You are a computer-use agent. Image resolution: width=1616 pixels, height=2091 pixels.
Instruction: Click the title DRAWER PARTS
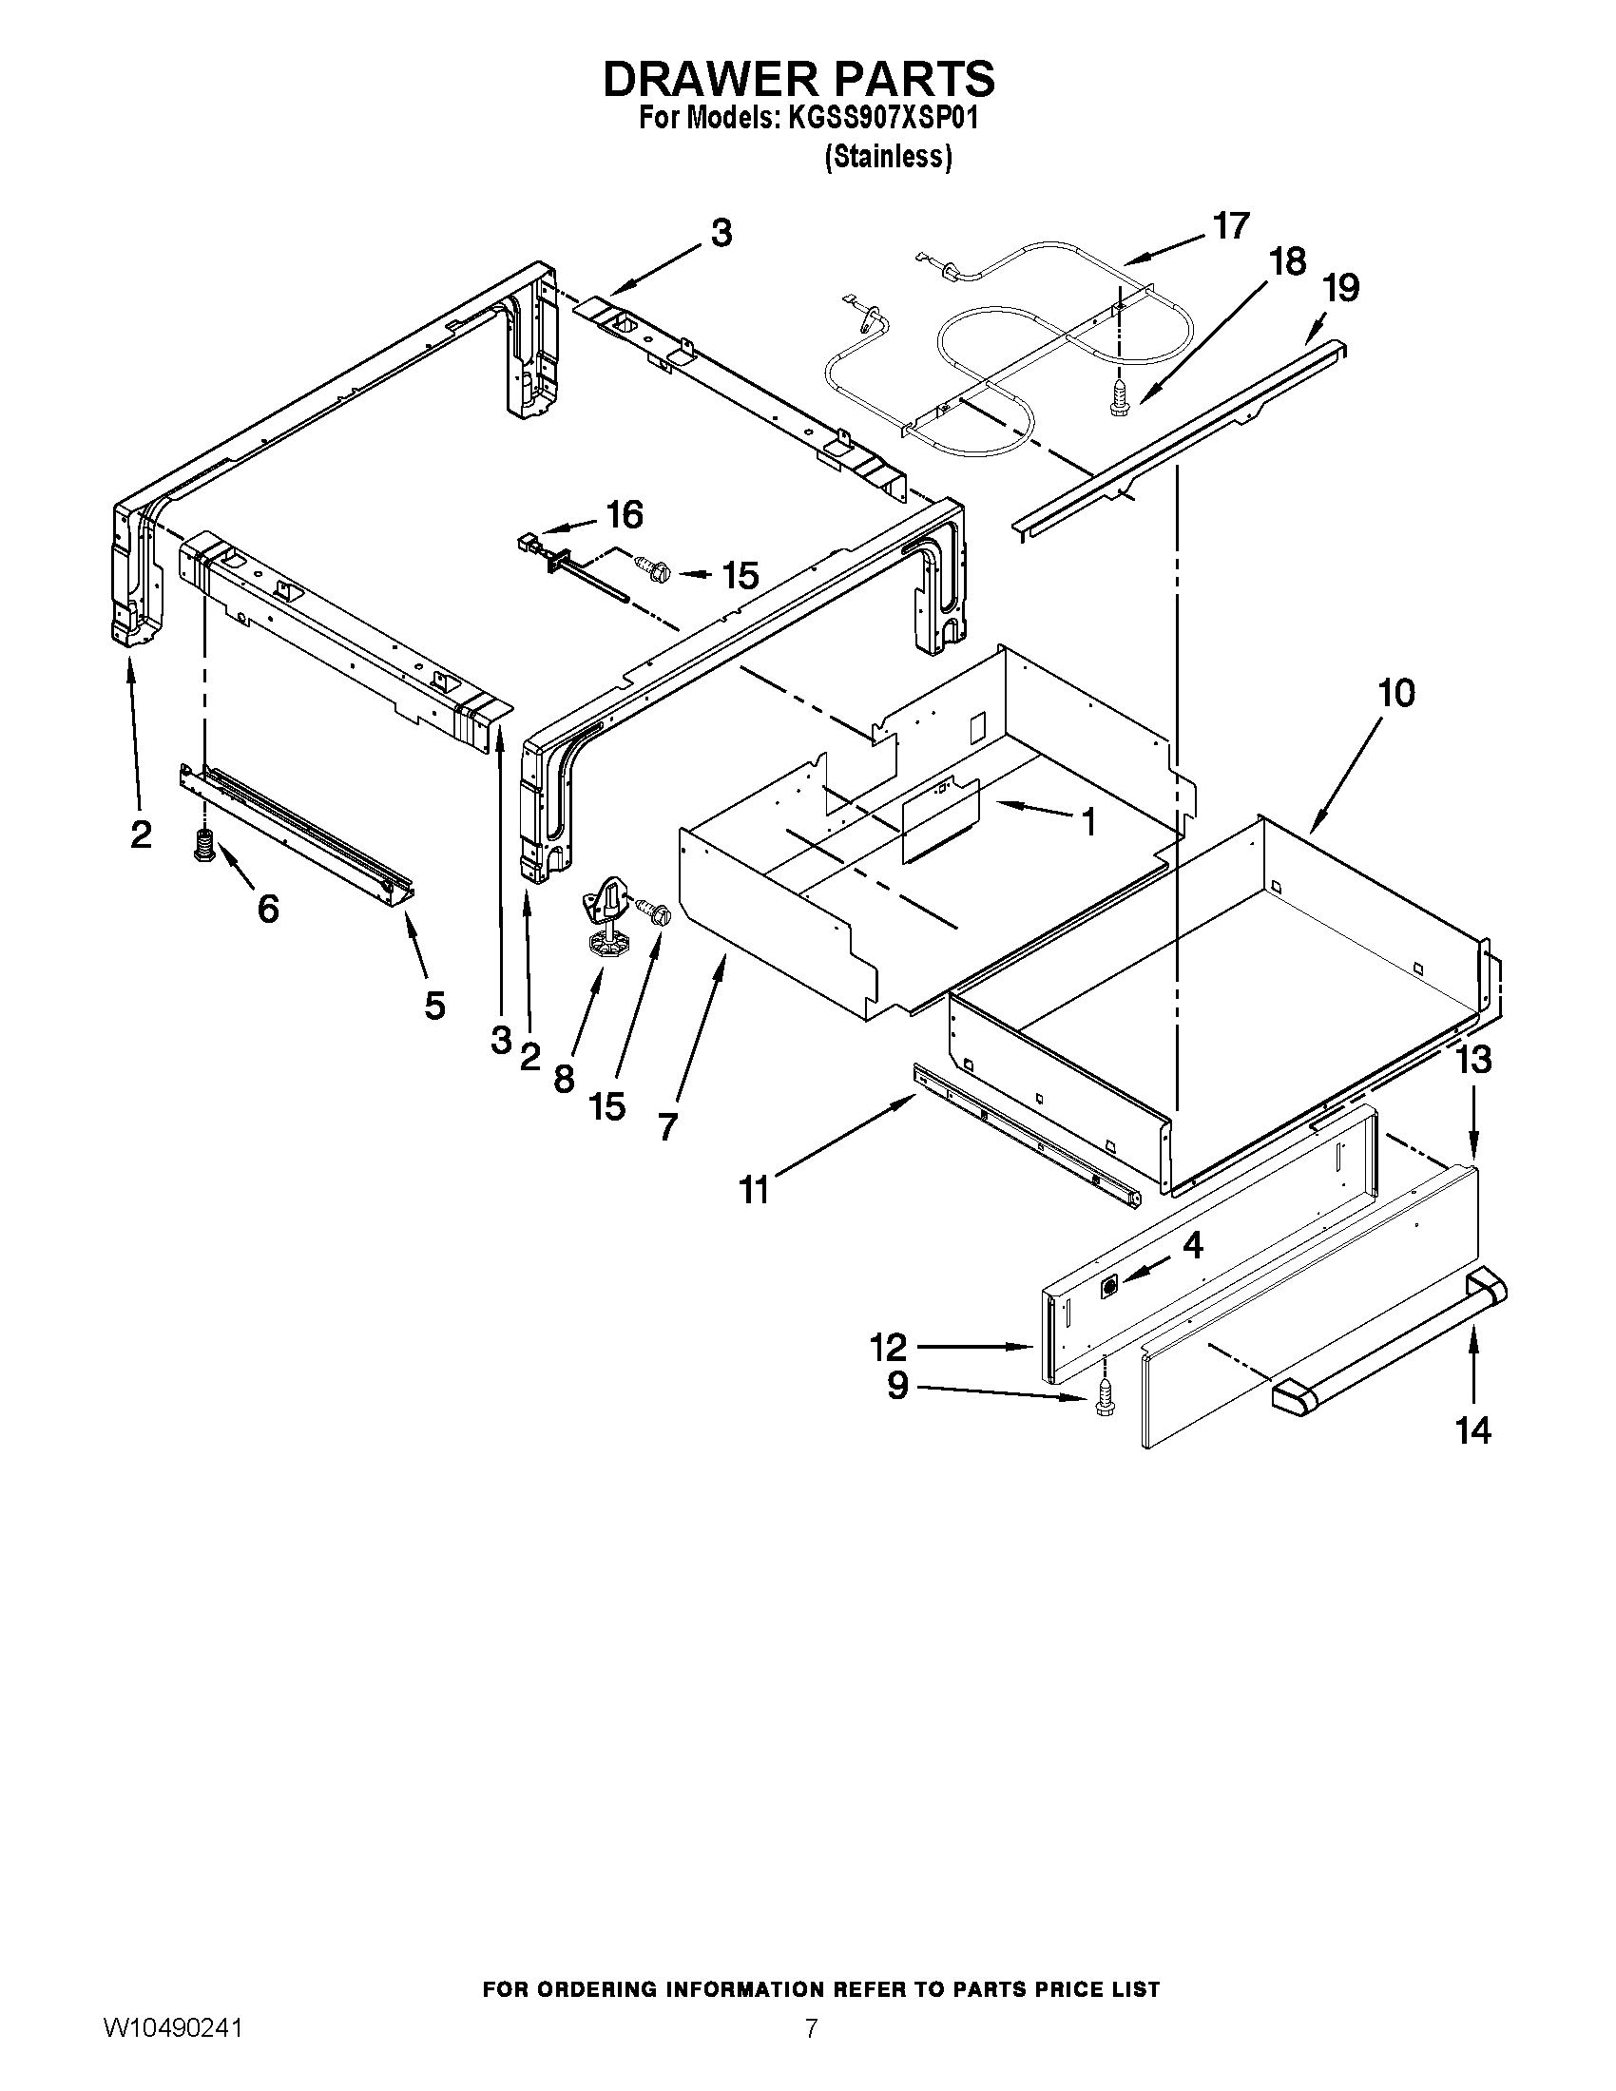pos(798,79)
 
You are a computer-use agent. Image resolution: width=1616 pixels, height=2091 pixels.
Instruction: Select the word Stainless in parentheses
pos(889,157)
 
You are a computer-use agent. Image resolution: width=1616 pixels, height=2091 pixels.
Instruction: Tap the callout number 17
pos(1231,226)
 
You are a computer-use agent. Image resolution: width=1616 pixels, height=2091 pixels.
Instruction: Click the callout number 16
pos(625,515)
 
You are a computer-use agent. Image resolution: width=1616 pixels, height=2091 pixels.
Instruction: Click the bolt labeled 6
pos(203,845)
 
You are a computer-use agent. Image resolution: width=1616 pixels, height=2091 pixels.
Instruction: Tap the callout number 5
pos(434,1006)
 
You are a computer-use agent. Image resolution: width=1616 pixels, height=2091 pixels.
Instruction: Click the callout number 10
pos(1396,693)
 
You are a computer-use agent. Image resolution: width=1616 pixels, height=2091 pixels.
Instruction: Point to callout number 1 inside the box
pos(1088,821)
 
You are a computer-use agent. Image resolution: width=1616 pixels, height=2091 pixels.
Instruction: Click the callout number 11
pos(755,1190)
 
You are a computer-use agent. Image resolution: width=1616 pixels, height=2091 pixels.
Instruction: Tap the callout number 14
pos(1473,1457)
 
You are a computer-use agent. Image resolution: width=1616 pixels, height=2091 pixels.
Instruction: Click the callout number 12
pos(889,1347)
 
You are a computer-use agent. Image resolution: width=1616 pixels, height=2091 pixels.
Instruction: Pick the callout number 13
pos(1473,1060)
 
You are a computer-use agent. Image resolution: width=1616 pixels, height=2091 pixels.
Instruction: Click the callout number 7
pos(667,1126)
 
